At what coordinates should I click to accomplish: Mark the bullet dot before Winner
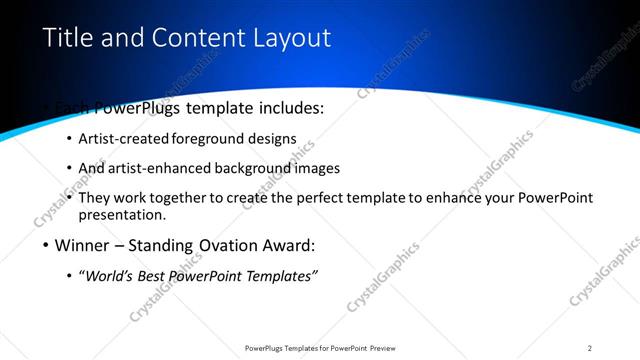[48, 246]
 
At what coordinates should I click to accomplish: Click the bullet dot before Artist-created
[68, 139]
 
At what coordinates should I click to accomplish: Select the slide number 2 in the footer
[590, 348]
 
